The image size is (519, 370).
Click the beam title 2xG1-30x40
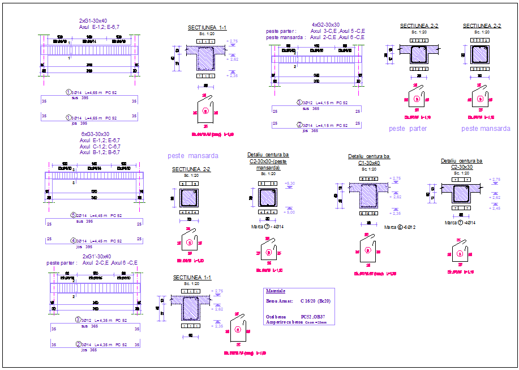click(x=93, y=20)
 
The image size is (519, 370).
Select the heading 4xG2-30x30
click(x=325, y=24)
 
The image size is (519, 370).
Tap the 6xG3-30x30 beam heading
click(x=95, y=134)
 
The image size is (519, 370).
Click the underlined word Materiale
click(x=275, y=291)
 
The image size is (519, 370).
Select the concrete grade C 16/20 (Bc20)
click(x=315, y=301)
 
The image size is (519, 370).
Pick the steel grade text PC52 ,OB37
click(x=312, y=317)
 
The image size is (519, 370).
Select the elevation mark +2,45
click(x=496, y=209)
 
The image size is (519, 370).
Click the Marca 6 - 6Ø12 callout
click(x=400, y=227)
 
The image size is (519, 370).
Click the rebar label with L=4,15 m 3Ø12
click(x=321, y=103)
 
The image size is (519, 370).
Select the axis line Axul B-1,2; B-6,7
click(x=100, y=152)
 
